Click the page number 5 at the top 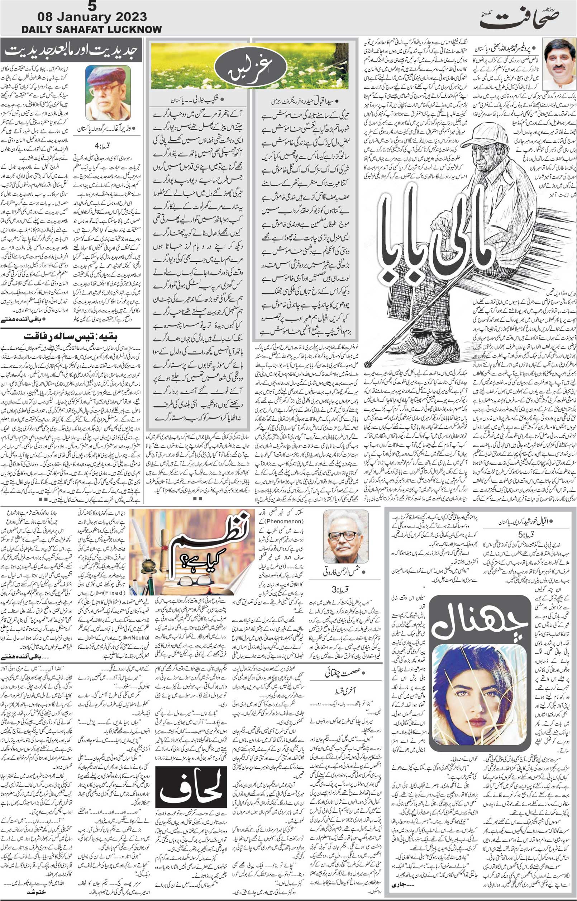tap(92, 6)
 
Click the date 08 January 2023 tap(92, 17)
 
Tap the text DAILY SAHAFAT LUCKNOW tap(92, 29)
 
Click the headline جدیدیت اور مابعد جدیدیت tap(71, 50)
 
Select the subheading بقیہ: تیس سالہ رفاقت tap(71, 335)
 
